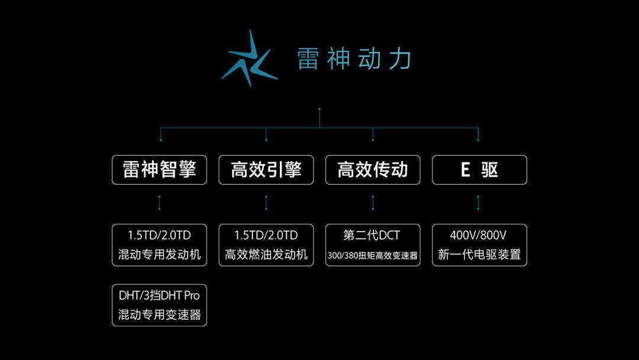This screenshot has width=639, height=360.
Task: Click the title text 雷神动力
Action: coord(354,59)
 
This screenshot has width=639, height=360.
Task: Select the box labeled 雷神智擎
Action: coord(159,170)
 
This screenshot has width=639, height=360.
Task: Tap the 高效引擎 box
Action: coord(266,170)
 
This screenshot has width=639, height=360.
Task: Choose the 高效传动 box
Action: coord(373,170)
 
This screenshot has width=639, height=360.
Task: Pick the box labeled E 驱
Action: coord(479,170)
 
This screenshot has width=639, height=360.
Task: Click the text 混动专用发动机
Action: coord(159,255)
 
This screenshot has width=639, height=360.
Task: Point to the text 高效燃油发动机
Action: coord(266,255)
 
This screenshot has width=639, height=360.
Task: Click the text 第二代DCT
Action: coord(372,235)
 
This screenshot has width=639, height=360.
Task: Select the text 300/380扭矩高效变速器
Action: coord(373,256)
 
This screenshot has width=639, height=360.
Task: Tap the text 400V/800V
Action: coord(479,235)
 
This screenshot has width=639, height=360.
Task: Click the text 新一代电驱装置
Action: coord(479,255)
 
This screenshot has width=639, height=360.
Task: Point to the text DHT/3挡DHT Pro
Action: coord(159,295)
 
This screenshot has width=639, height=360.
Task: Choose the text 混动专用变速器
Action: coord(159,315)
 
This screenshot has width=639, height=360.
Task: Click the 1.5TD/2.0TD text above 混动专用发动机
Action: coord(159,235)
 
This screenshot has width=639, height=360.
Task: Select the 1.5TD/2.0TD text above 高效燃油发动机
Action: coord(266,235)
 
